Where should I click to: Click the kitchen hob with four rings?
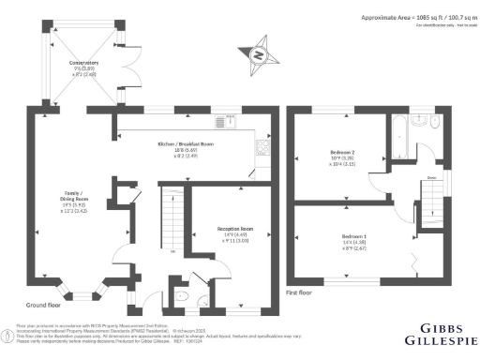pos(264,146)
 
